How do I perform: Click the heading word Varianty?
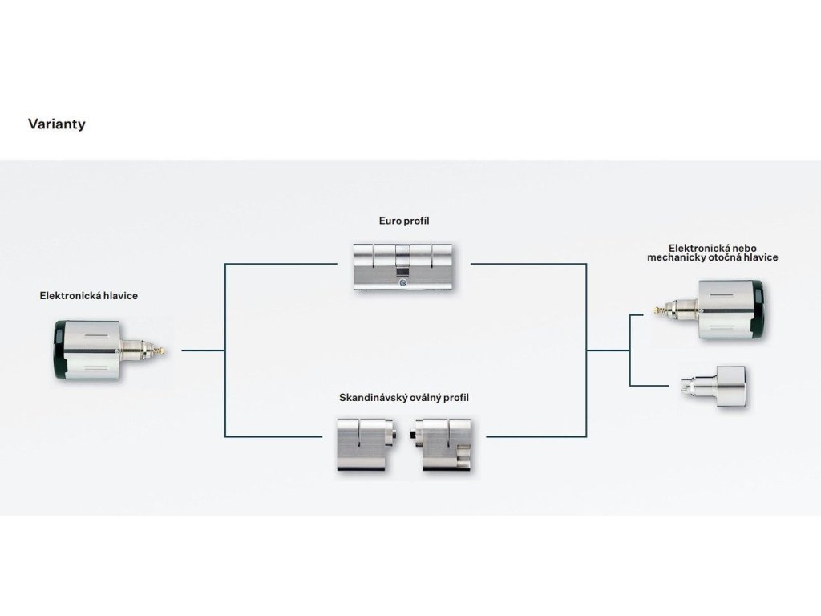point(56,124)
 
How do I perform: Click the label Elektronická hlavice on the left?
point(89,296)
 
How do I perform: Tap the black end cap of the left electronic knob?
point(59,350)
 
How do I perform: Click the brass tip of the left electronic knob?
point(162,350)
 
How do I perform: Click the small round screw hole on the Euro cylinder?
point(402,282)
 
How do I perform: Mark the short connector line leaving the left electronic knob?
point(203,351)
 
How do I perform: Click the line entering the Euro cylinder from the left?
point(281,263)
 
